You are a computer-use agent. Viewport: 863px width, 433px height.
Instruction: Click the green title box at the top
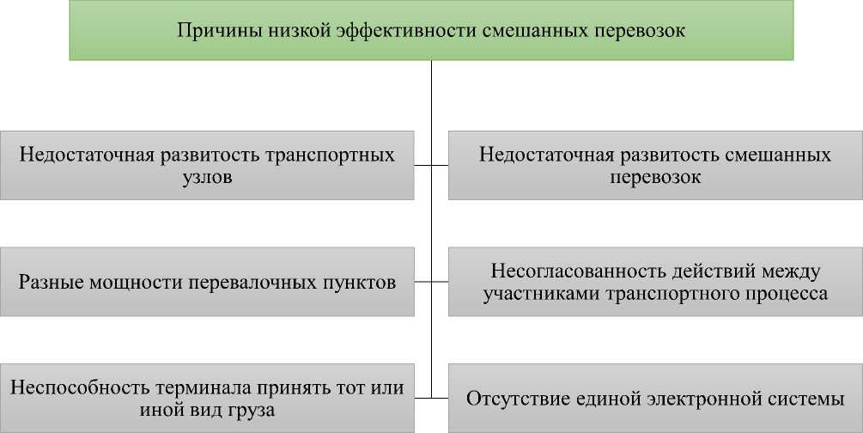pyautogui.click(x=431, y=31)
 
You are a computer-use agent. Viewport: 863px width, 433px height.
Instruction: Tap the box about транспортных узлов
pyautogui.click(x=206, y=166)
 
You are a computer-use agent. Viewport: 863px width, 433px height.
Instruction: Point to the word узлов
pyautogui.click(x=207, y=179)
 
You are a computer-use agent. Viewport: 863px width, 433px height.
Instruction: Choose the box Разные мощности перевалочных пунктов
pyautogui.click(x=206, y=282)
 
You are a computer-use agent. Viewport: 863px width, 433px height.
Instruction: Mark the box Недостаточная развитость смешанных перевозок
pyautogui.click(x=655, y=166)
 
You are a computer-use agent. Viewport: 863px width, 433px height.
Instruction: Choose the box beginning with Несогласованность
pyautogui.click(x=655, y=282)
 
